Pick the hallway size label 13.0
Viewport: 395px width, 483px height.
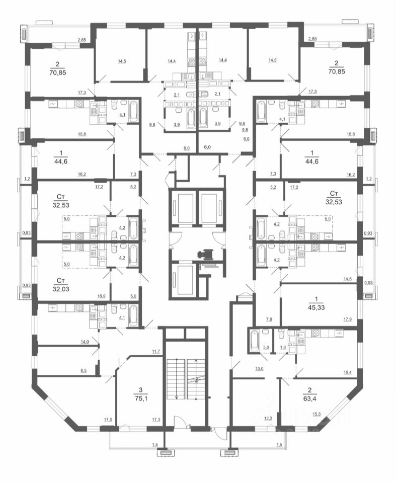260,369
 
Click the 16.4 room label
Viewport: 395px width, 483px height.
334,373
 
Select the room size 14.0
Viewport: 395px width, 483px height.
85,342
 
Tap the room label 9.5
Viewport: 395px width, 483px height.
85,371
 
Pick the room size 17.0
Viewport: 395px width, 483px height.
108,419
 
